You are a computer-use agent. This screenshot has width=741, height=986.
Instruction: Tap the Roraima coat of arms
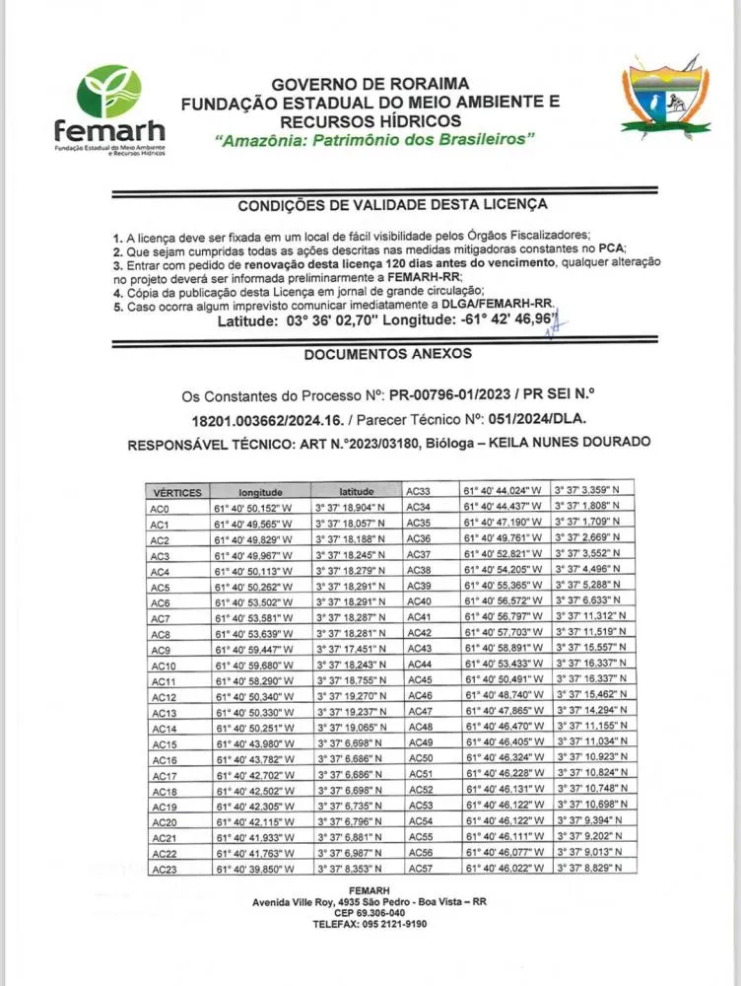(x=665, y=100)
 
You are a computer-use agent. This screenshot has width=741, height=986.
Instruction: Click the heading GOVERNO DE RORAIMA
(x=370, y=85)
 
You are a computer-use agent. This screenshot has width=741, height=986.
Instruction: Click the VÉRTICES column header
(x=178, y=492)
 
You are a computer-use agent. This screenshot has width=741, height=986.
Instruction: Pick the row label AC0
(x=161, y=508)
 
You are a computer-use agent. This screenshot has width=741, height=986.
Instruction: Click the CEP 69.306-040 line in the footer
(x=370, y=912)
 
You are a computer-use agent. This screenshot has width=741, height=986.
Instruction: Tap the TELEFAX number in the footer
(x=370, y=925)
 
